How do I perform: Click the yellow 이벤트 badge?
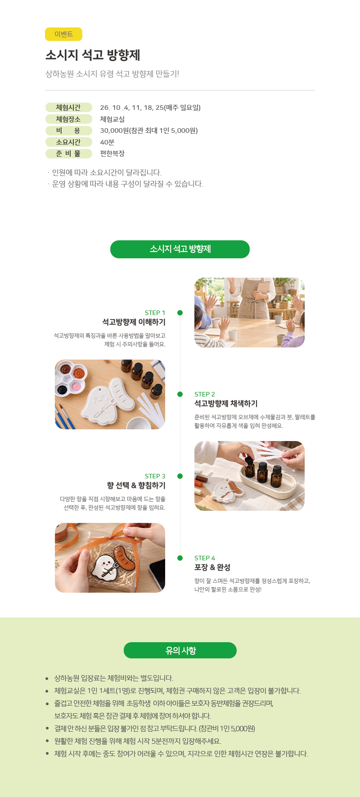point(63,34)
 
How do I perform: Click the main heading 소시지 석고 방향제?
point(93,55)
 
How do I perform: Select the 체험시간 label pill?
point(68,108)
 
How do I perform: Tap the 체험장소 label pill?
point(68,119)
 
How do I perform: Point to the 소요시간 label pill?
point(68,142)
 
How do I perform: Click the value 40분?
point(107,142)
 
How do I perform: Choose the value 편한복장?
point(112,153)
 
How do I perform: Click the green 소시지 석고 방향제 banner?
point(180,249)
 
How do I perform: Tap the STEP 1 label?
point(155,313)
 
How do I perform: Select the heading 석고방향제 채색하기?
point(226,404)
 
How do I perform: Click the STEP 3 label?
point(155,476)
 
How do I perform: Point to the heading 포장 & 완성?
point(212,567)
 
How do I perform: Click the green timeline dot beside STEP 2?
point(180,394)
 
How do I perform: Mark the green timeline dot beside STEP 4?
point(180,558)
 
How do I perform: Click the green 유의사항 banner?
point(180,650)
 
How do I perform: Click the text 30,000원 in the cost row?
point(114,131)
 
